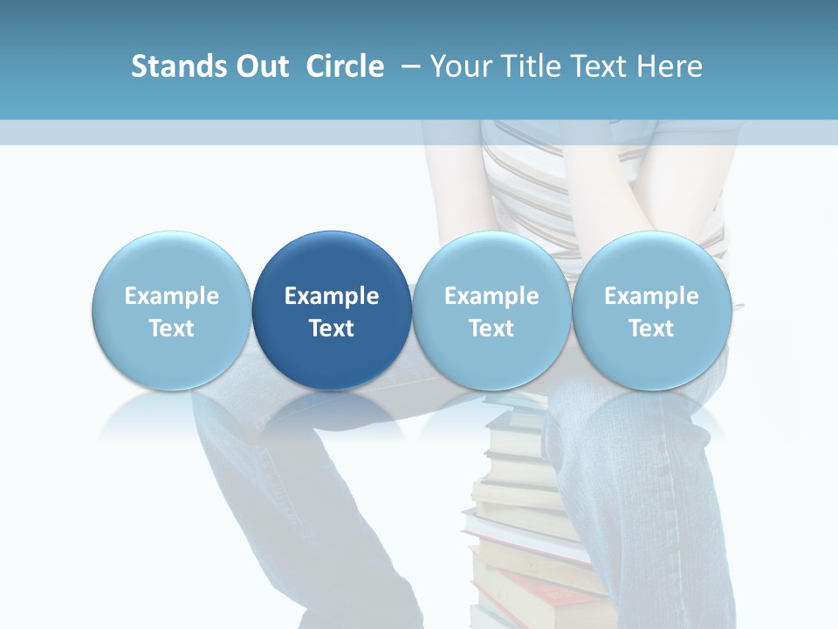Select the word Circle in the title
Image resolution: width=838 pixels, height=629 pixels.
pos(345,66)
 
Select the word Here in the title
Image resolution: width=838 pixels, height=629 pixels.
pos(671,66)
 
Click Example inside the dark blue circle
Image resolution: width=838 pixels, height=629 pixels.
pos(332,296)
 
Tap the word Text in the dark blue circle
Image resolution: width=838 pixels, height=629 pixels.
pos(332,328)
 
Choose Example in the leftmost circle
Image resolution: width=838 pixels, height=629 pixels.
pos(172,296)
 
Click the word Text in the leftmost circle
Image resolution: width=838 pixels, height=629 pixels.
pos(172,328)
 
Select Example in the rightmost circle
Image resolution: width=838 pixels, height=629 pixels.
pos(652,296)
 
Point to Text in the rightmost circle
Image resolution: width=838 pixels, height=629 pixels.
pos(652,328)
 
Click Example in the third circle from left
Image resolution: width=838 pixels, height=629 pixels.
pos(491,296)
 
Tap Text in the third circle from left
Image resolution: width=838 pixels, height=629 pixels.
pos(491,328)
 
